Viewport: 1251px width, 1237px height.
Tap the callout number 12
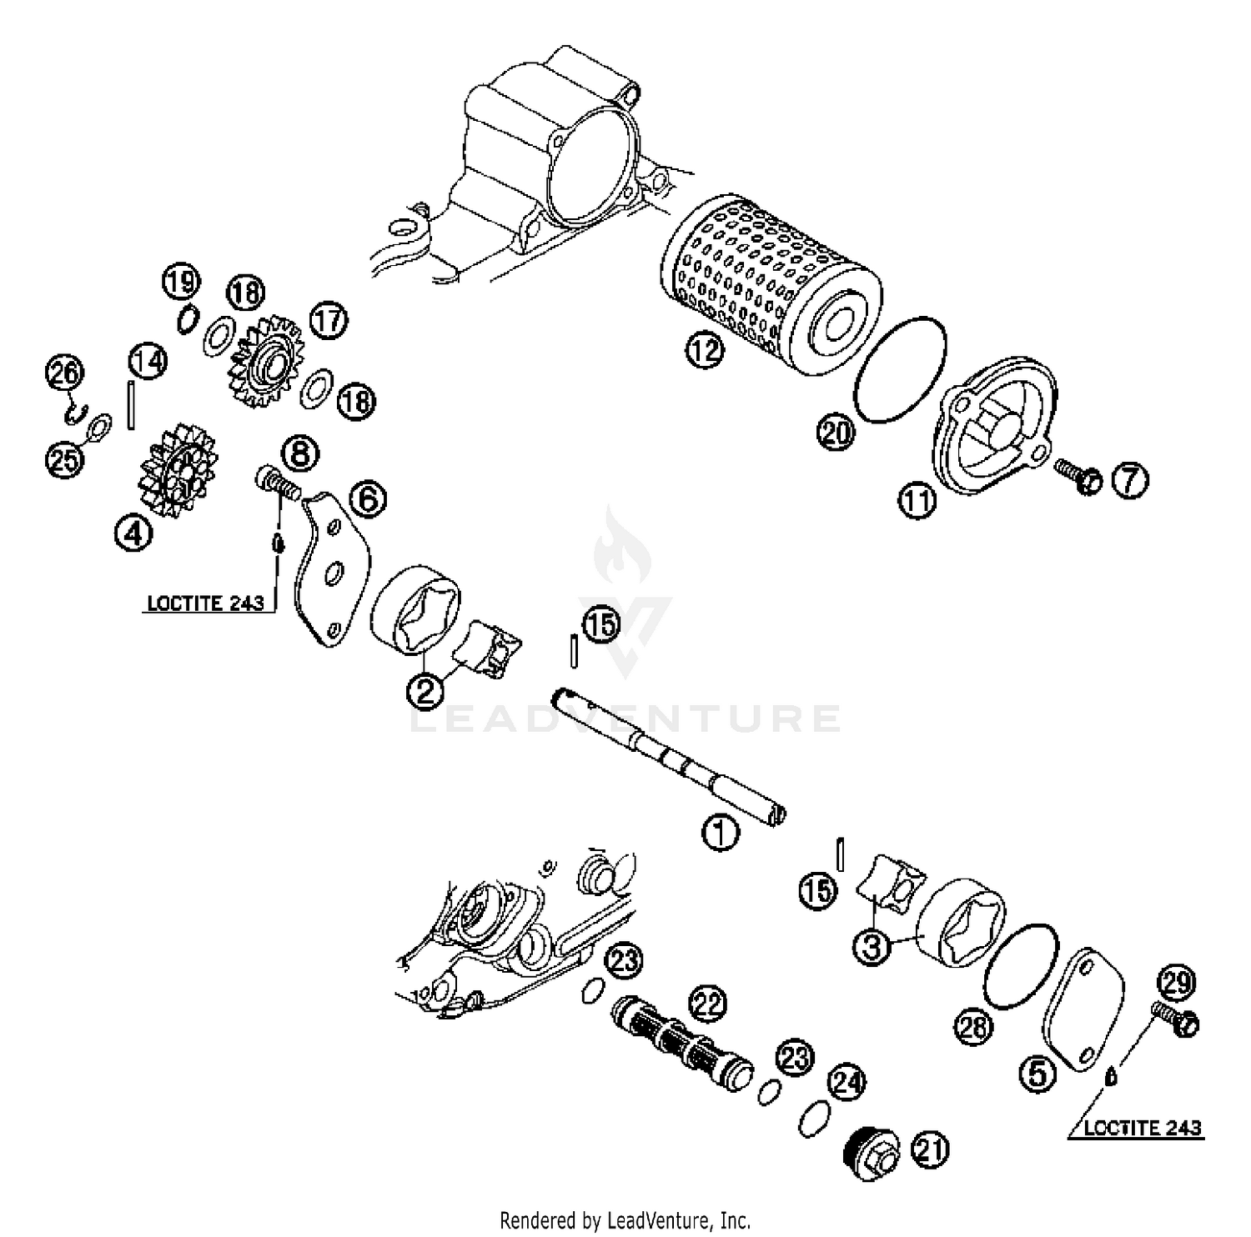(x=705, y=350)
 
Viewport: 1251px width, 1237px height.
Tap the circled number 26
(x=64, y=373)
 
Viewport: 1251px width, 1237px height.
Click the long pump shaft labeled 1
(x=667, y=754)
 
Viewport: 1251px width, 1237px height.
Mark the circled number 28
(x=973, y=1027)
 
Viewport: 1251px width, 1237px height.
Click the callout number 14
(x=148, y=361)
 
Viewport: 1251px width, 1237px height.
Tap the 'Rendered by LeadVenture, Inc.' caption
(x=625, y=1220)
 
